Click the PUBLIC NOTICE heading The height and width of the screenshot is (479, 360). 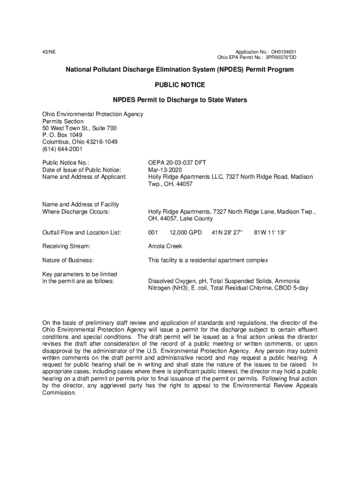tap(180, 85)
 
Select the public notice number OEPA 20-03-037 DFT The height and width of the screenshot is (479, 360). tap(177, 163)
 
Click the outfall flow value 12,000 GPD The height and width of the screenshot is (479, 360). tap(186, 232)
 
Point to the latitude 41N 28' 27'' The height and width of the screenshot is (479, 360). tap(228, 232)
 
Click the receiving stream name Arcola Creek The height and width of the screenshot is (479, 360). tap(165, 246)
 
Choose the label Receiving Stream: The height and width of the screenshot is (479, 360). tap(66, 246)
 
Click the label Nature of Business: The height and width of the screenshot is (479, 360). tap(68, 260)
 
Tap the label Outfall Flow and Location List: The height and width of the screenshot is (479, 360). tap(82, 232)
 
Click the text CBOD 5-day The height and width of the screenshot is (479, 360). tap(293, 288)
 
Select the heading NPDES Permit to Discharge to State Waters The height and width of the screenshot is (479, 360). tap(180, 100)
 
